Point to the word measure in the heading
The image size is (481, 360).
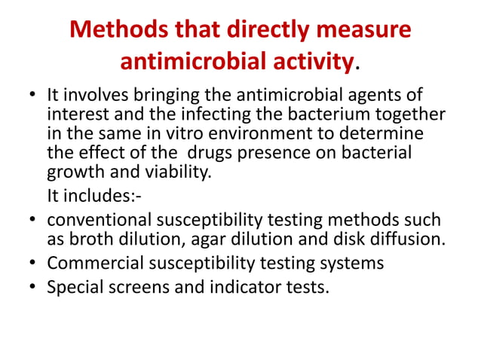[371, 31]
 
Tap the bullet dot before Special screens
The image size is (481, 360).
[33, 288]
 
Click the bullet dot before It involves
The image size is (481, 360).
[33, 97]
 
